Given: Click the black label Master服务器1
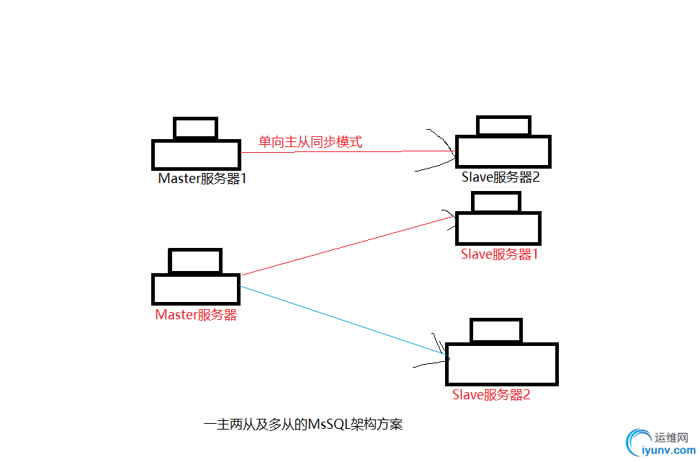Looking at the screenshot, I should tap(202, 178).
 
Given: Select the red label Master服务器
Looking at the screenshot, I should tap(196, 315).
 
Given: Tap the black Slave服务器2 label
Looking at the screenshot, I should tap(500, 178).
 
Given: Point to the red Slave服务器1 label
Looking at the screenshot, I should tap(499, 254).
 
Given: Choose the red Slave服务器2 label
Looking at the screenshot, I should tap(491, 394).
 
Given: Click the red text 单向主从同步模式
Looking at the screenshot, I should tap(310, 142).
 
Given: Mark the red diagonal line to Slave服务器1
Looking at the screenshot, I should tap(346, 246).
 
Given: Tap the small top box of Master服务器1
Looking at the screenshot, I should tap(195, 128).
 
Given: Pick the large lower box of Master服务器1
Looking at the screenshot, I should tap(196, 155).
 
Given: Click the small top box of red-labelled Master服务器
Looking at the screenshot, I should tap(195, 261).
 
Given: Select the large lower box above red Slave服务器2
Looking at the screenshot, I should tap(502, 363).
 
